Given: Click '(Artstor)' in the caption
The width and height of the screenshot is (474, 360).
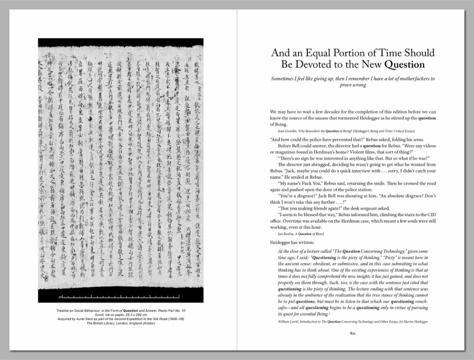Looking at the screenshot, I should pos(146,324).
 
